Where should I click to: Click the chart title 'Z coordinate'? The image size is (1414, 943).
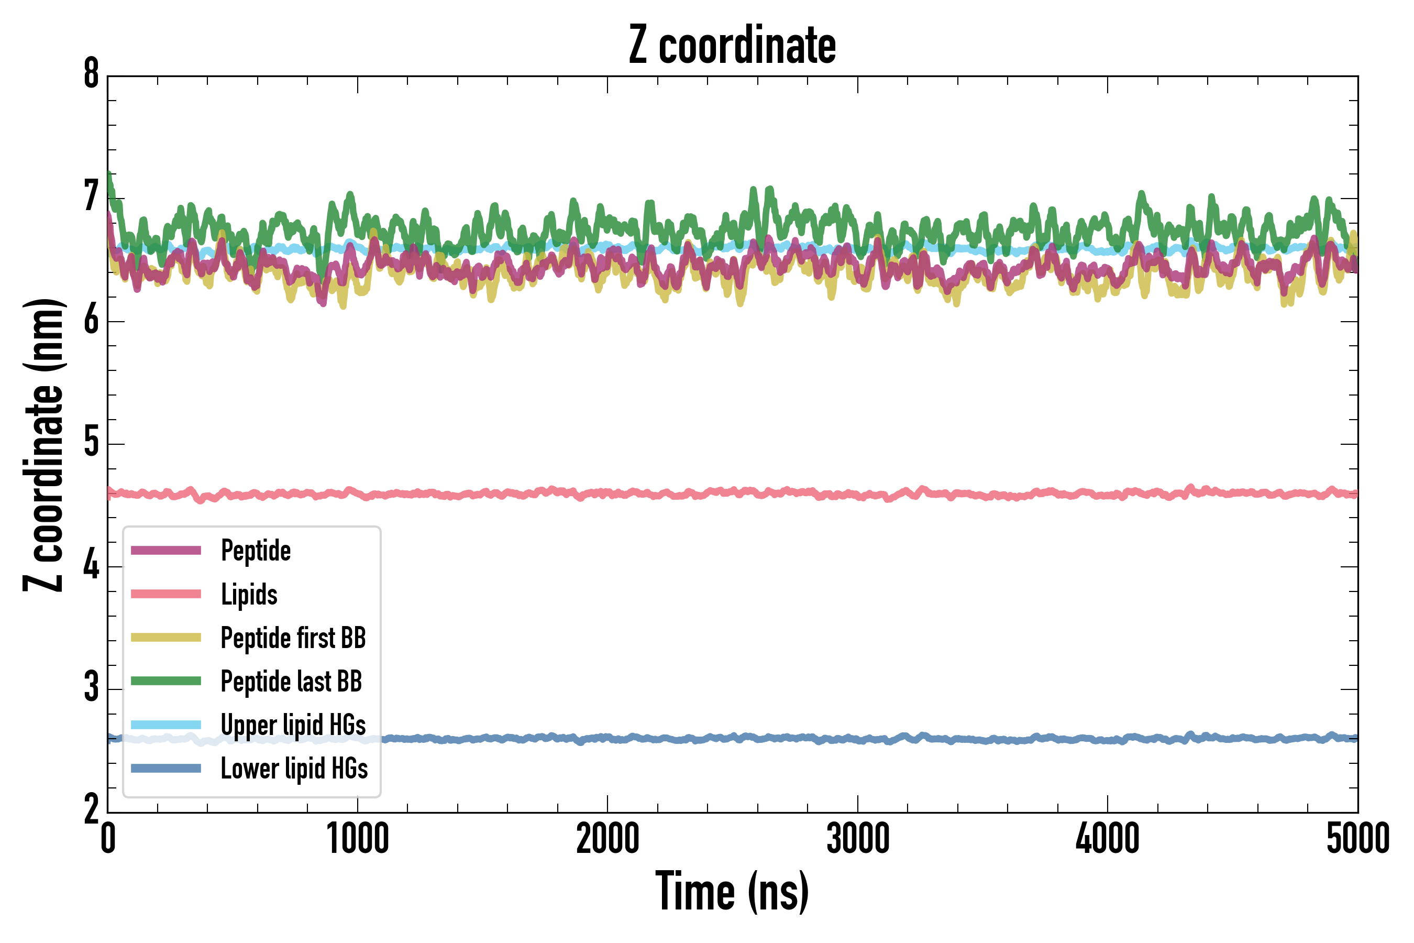click(x=732, y=45)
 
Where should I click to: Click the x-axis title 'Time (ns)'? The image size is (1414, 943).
click(x=732, y=892)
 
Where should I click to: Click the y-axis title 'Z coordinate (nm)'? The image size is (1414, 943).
click(x=43, y=445)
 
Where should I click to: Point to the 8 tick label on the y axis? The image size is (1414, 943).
click(x=91, y=74)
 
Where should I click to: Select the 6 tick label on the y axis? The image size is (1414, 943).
click(x=91, y=320)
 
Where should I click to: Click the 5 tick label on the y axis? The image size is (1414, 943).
click(x=91, y=443)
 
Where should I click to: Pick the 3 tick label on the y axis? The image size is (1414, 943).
click(x=91, y=687)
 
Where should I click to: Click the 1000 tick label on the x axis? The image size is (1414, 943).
click(x=358, y=839)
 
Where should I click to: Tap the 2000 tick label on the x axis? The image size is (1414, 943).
click(x=607, y=839)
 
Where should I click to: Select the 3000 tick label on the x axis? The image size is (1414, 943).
click(x=857, y=839)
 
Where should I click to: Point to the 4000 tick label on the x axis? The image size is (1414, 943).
click(x=1108, y=839)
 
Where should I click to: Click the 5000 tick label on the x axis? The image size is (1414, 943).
click(x=1357, y=839)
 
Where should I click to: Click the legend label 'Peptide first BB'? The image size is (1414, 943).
click(x=293, y=638)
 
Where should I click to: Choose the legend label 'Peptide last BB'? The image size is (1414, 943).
click(x=292, y=682)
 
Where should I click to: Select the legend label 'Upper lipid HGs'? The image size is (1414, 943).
click(x=293, y=725)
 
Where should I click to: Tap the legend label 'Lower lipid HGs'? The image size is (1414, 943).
click(x=294, y=769)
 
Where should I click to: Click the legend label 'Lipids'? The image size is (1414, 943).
click(x=249, y=594)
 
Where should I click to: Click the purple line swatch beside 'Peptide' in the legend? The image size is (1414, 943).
click(x=166, y=550)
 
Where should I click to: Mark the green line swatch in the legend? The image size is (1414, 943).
click(x=166, y=681)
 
